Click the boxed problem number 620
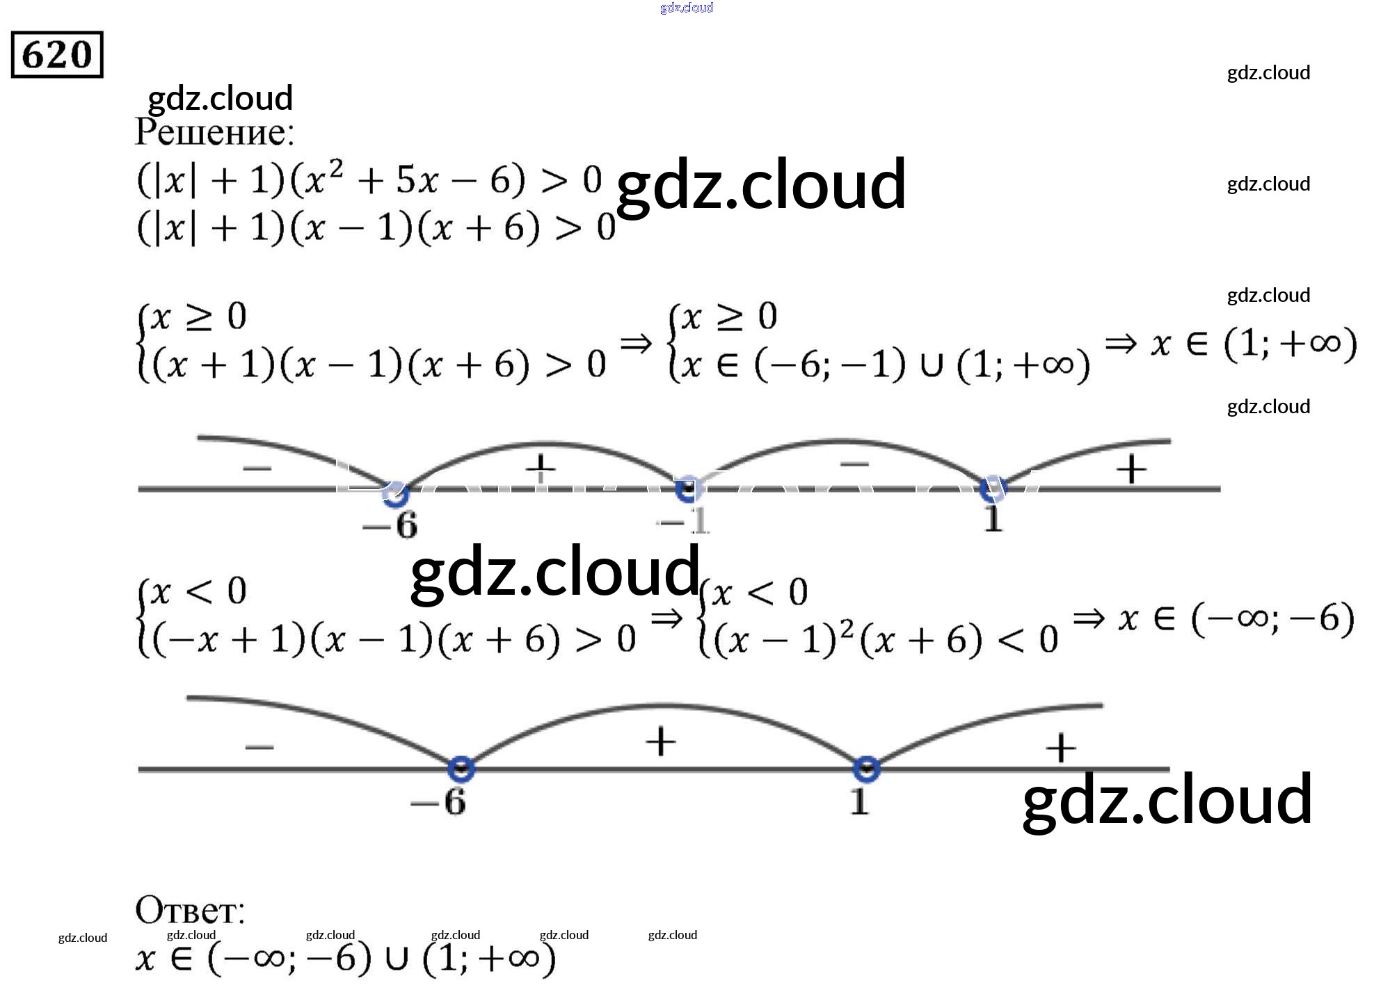pyautogui.click(x=57, y=54)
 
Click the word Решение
pyautogui.click(x=214, y=132)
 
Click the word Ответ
pyautogui.click(x=189, y=910)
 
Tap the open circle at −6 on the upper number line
pyautogui.click(x=395, y=493)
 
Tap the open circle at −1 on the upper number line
pyautogui.click(x=687, y=490)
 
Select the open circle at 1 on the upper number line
pyautogui.click(x=991, y=489)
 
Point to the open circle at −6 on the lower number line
pyautogui.click(x=461, y=769)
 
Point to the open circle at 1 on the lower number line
pyautogui.click(x=866, y=769)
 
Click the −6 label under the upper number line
pyautogui.click(x=390, y=525)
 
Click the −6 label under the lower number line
pyautogui.click(x=438, y=803)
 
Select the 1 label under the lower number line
pyautogui.click(x=860, y=801)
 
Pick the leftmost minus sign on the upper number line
pyautogui.click(x=257, y=468)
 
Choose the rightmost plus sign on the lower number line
pyautogui.click(x=1061, y=749)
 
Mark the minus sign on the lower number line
pyautogui.click(x=259, y=748)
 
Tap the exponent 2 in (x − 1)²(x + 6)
pyautogui.click(x=846, y=628)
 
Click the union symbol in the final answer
pyautogui.click(x=396, y=959)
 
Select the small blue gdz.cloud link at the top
pyautogui.click(x=687, y=8)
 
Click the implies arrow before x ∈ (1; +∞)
pyautogui.click(x=1120, y=343)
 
